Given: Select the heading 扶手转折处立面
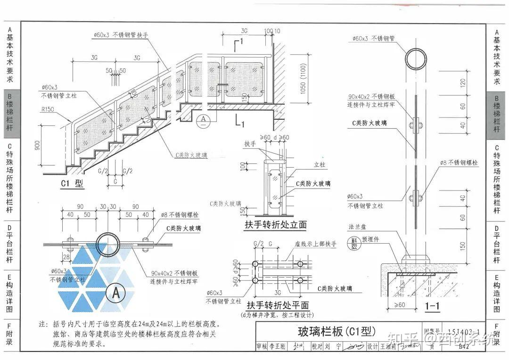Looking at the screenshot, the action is pos(275,225).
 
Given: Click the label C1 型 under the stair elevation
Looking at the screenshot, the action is pos(72,184).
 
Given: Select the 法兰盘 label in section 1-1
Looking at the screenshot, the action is pos(356,226).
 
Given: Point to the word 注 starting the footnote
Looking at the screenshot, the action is pos(43,325).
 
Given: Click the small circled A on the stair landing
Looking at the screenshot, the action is pos(203,120).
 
